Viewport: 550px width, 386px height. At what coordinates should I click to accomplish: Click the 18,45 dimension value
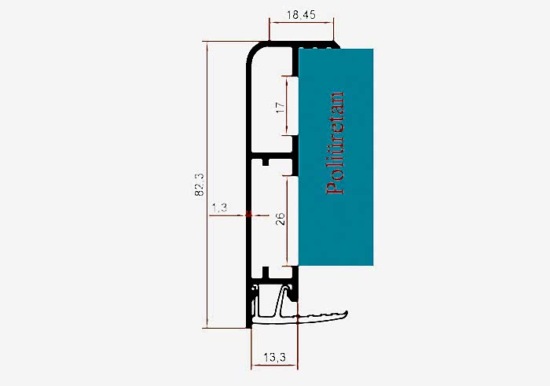[x=301, y=15]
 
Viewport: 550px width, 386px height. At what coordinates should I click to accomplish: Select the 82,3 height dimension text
[x=199, y=184]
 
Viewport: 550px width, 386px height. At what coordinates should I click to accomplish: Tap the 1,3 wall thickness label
[x=219, y=208]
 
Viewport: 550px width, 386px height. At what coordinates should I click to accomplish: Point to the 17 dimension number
[x=280, y=107]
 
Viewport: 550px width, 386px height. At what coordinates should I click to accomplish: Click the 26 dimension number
[x=280, y=219]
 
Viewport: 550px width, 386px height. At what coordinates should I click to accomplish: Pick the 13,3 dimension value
[x=274, y=358]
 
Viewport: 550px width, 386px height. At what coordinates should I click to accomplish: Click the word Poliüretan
[x=335, y=143]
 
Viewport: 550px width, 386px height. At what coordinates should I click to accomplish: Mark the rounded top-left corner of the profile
[x=252, y=51]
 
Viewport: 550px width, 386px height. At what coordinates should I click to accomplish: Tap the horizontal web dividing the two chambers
[x=272, y=156]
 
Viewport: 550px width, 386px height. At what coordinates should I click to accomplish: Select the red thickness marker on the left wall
[x=249, y=214]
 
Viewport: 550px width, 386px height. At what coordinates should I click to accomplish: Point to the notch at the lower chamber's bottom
[x=266, y=271]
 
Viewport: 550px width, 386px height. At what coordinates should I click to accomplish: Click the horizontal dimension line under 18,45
[x=301, y=23]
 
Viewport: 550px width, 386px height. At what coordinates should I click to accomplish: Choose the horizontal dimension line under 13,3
[x=274, y=366]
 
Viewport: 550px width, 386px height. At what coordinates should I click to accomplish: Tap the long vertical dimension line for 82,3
[x=207, y=185]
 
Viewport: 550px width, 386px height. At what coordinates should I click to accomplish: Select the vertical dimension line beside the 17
[x=287, y=105]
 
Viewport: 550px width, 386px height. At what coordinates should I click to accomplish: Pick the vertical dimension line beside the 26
[x=288, y=221]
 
